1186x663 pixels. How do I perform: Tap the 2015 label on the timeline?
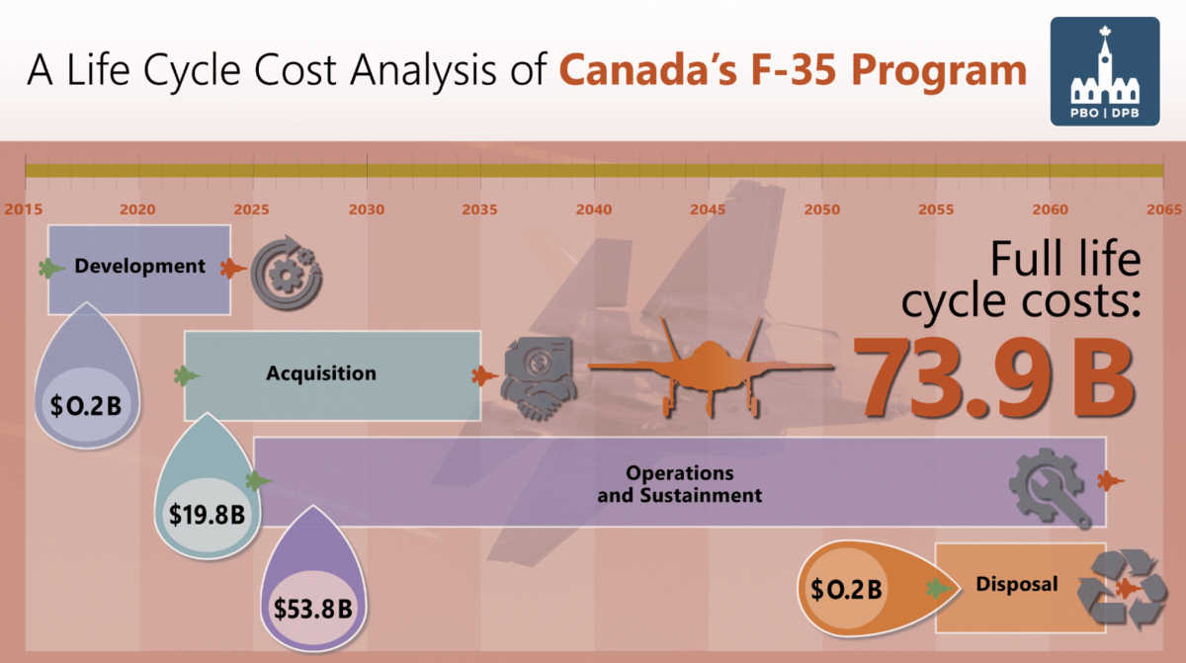(23, 209)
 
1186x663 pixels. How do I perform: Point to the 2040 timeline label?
(594, 209)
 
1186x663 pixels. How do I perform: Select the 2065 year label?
(1163, 209)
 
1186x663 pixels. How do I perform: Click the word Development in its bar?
(139, 266)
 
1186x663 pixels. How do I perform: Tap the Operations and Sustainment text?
(679, 484)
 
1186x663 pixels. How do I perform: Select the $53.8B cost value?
(312, 608)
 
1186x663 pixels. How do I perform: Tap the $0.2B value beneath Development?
(87, 404)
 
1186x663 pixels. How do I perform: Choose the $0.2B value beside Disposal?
(845, 590)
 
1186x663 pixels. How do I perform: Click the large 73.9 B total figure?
(992, 375)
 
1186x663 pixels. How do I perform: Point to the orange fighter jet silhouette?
(711, 366)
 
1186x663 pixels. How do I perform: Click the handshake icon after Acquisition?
(536, 373)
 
